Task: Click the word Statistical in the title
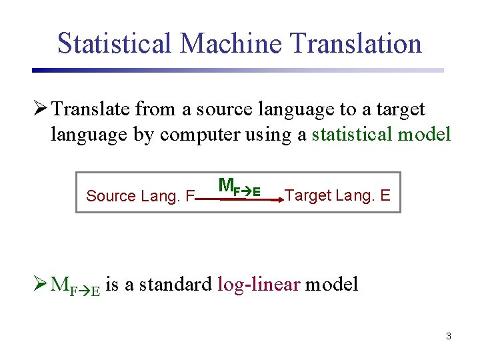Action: [x=115, y=43]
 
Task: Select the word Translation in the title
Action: [x=356, y=43]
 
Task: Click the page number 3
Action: [x=449, y=336]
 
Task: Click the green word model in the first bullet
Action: [x=424, y=134]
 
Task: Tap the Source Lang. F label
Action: [x=140, y=196]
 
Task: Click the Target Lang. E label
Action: [x=337, y=196]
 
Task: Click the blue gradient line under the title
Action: [x=237, y=70]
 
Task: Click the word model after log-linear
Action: [x=332, y=285]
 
